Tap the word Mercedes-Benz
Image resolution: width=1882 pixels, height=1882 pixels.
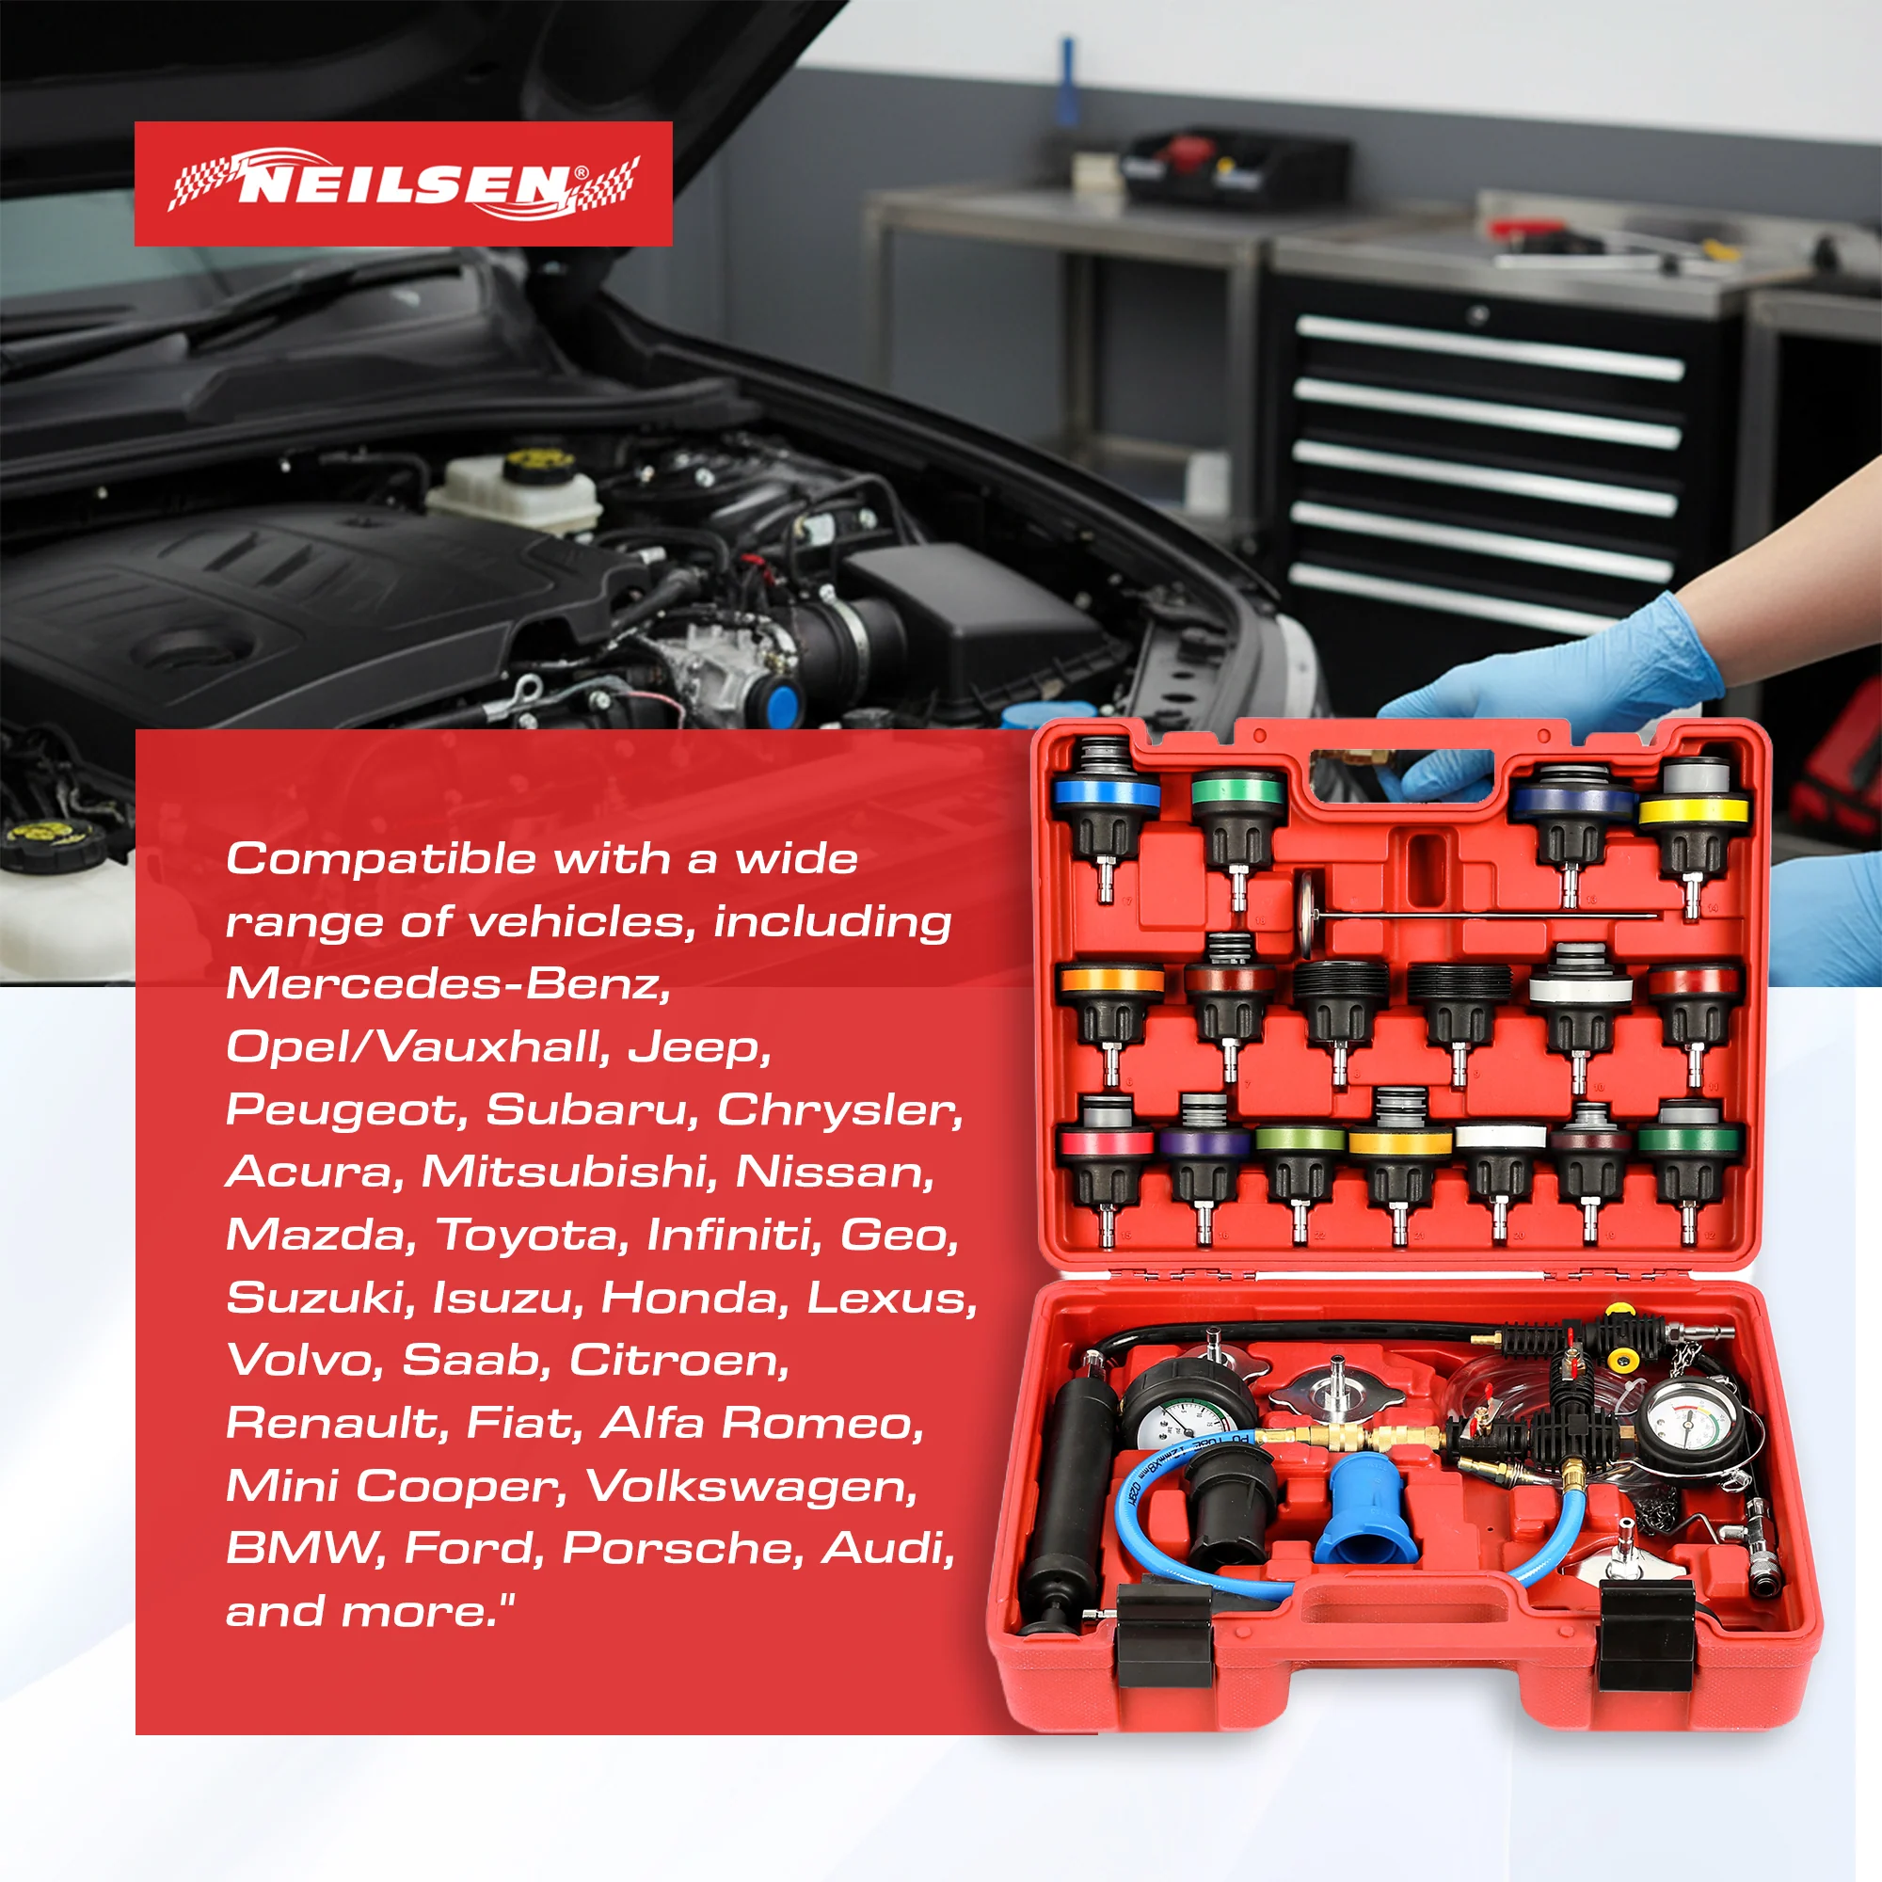click(448, 983)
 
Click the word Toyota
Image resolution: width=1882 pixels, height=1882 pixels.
click(526, 1236)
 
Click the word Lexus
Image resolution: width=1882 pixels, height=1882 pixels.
click(890, 1298)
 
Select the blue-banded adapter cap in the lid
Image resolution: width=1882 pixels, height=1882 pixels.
click(1106, 819)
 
